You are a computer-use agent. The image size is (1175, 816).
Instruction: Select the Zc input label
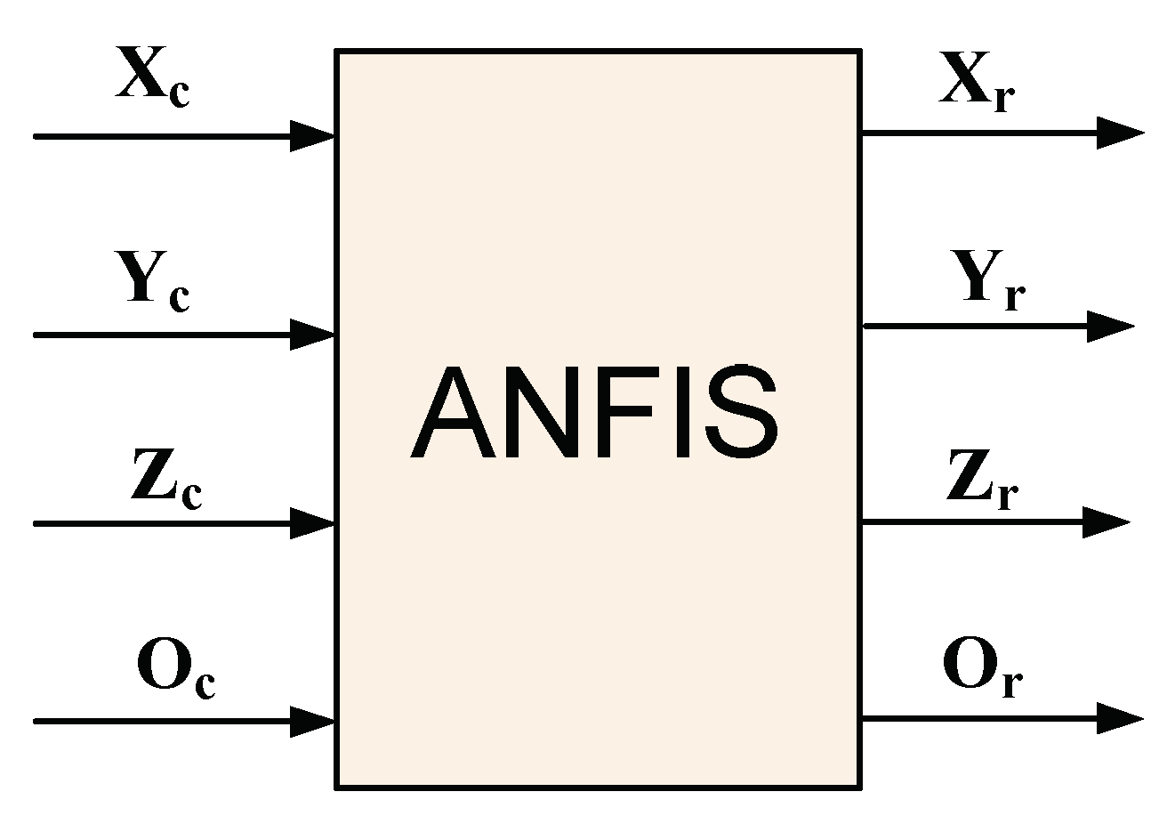(x=165, y=481)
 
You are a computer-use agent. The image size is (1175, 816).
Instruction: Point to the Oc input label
(x=175, y=669)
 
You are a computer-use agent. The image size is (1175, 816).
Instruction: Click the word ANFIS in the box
(x=594, y=415)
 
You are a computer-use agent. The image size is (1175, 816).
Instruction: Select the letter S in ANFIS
(x=740, y=415)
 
